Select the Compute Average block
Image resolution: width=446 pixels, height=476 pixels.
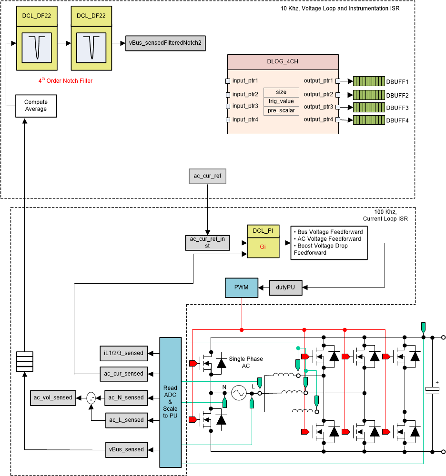(36, 106)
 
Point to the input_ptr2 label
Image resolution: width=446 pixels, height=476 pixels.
(245, 94)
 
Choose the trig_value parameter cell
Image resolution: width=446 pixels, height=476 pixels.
(281, 101)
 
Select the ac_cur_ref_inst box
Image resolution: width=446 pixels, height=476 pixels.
(207, 243)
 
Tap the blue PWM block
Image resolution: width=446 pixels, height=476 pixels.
(242, 287)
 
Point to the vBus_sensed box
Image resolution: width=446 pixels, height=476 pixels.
(127, 449)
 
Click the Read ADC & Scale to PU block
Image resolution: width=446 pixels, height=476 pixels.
(170, 401)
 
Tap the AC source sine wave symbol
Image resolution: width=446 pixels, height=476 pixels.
(238, 393)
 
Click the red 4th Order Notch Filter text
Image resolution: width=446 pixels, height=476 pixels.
(65, 81)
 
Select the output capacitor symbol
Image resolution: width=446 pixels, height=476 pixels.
(432, 389)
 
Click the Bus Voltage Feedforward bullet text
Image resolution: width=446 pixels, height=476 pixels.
(328, 232)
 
